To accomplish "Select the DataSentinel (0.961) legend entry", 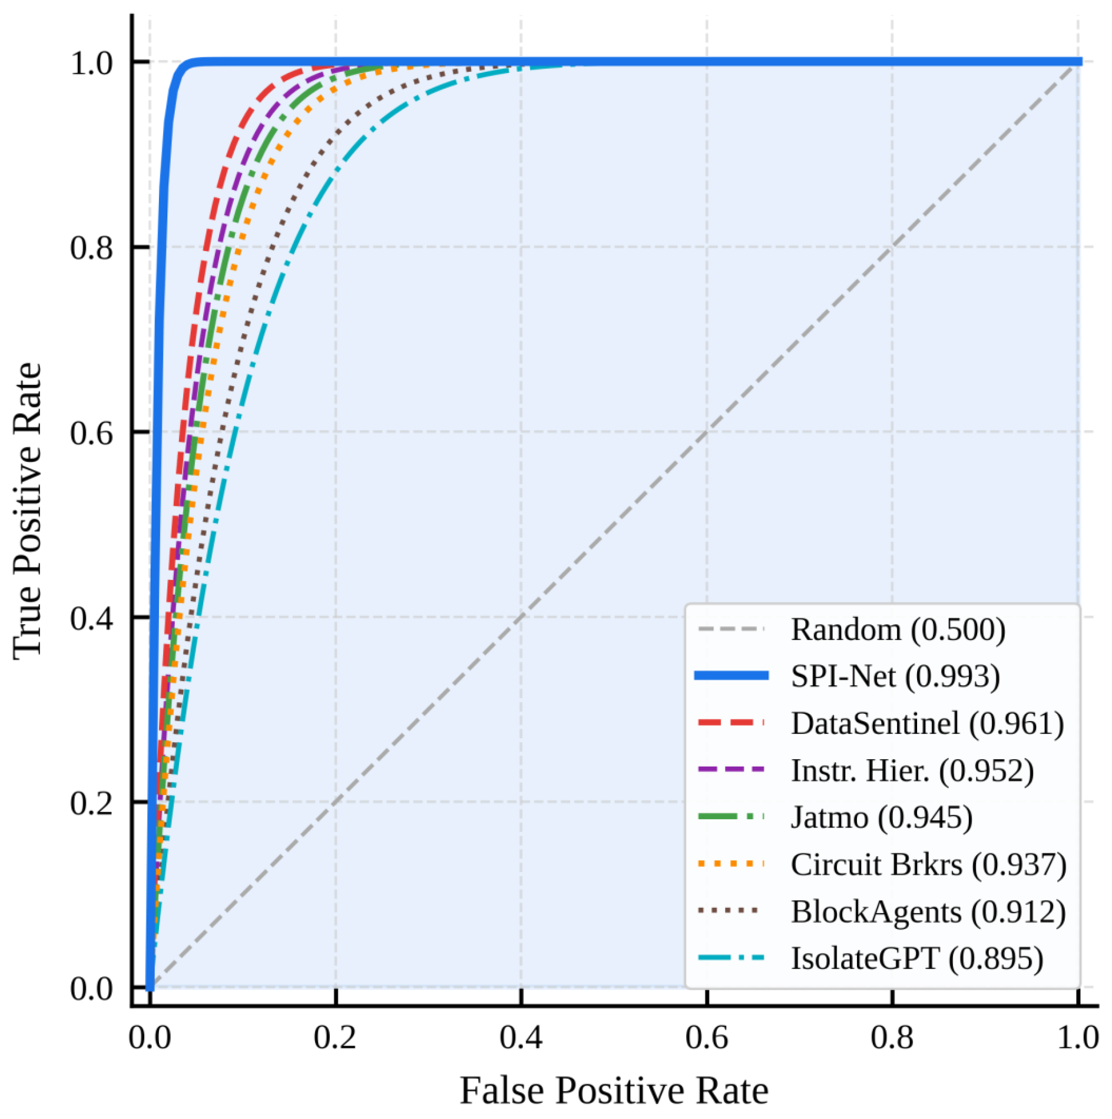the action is (x=879, y=723).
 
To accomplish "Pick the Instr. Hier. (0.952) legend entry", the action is (x=864, y=770).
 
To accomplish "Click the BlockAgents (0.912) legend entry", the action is (x=880, y=911).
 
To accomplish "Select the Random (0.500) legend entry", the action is (x=850, y=629).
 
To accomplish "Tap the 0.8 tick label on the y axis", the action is (x=92, y=247).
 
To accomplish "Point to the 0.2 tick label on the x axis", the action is (x=335, y=1037).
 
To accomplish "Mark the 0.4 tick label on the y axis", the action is (x=92, y=617).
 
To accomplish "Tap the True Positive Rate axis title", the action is (x=27, y=512).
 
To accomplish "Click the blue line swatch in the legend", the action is (x=731, y=675).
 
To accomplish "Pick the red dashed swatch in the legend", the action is (x=731, y=722).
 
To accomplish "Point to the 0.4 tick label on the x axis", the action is (x=521, y=1037).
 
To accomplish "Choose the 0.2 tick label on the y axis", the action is (x=92, y=803).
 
